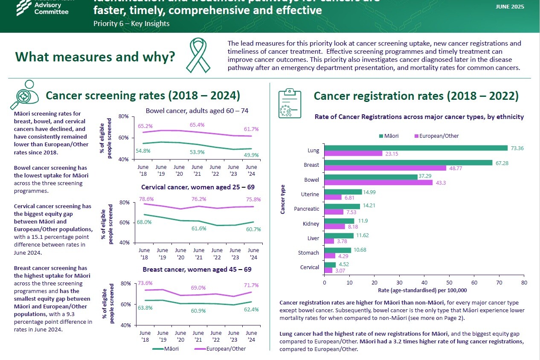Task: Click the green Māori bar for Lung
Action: (x=416, y=148)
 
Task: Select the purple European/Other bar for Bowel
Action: (x=378, y=183)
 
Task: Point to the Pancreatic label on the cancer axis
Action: (x=306, y=209)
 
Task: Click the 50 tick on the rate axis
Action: (x=449, y=282)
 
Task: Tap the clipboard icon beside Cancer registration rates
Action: (x=289, y=104)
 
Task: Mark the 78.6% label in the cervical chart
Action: (x=146, y=199)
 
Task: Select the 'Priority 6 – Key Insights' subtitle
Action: (x=131, y=23)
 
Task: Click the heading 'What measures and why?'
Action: (x=95, y=57)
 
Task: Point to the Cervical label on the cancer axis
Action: (x=310, y=267)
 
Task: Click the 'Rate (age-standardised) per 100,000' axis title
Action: (x=422, y=290)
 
